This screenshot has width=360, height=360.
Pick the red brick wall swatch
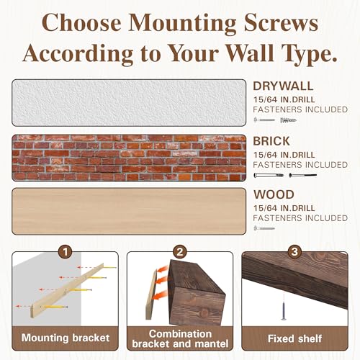click(128, 157)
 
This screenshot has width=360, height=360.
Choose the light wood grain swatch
click(128, 211)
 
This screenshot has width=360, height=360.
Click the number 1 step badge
click(65, 253)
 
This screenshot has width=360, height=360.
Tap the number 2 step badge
click(179, 253)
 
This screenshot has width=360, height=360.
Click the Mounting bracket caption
click(65, 337)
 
